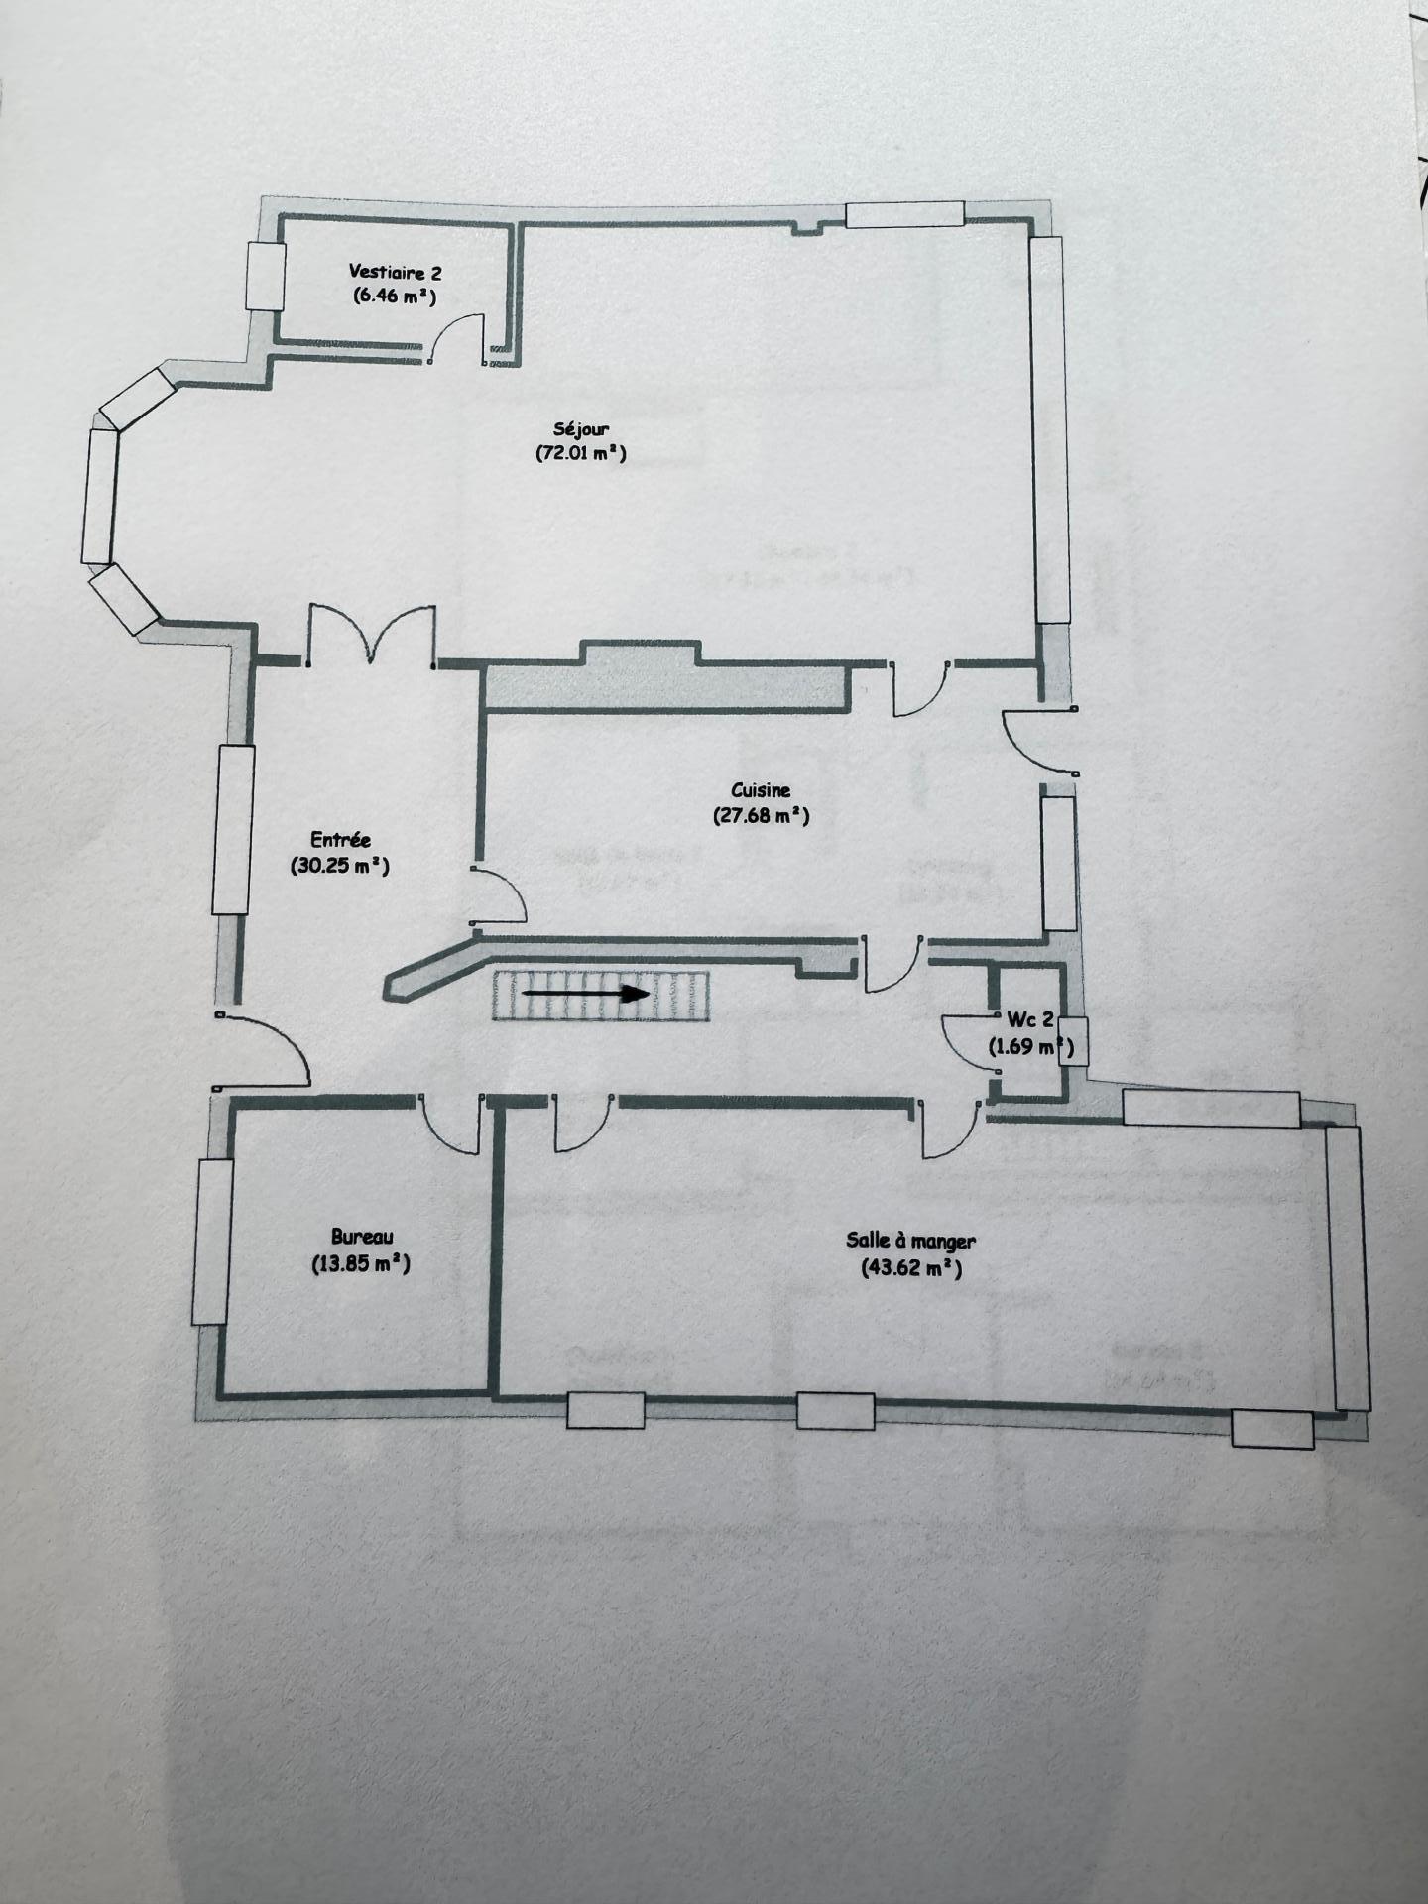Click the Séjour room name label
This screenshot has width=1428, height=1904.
click(581, 429)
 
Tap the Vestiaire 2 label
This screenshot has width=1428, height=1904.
click(395, 272)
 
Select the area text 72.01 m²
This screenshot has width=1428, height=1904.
click(581, 453)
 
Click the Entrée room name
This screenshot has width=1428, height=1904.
click(340, 841)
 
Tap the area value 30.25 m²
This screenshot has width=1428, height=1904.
click(340, 865)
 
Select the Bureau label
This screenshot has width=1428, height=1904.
click(362, 1237)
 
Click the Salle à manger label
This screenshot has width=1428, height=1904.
click(910, 1241)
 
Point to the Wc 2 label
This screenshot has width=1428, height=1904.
click(1030, 1020)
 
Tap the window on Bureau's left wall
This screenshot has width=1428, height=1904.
click(210, 1242)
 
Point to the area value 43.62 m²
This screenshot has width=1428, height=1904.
click(911, 1267)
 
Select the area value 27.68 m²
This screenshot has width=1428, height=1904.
click(761, 815)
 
